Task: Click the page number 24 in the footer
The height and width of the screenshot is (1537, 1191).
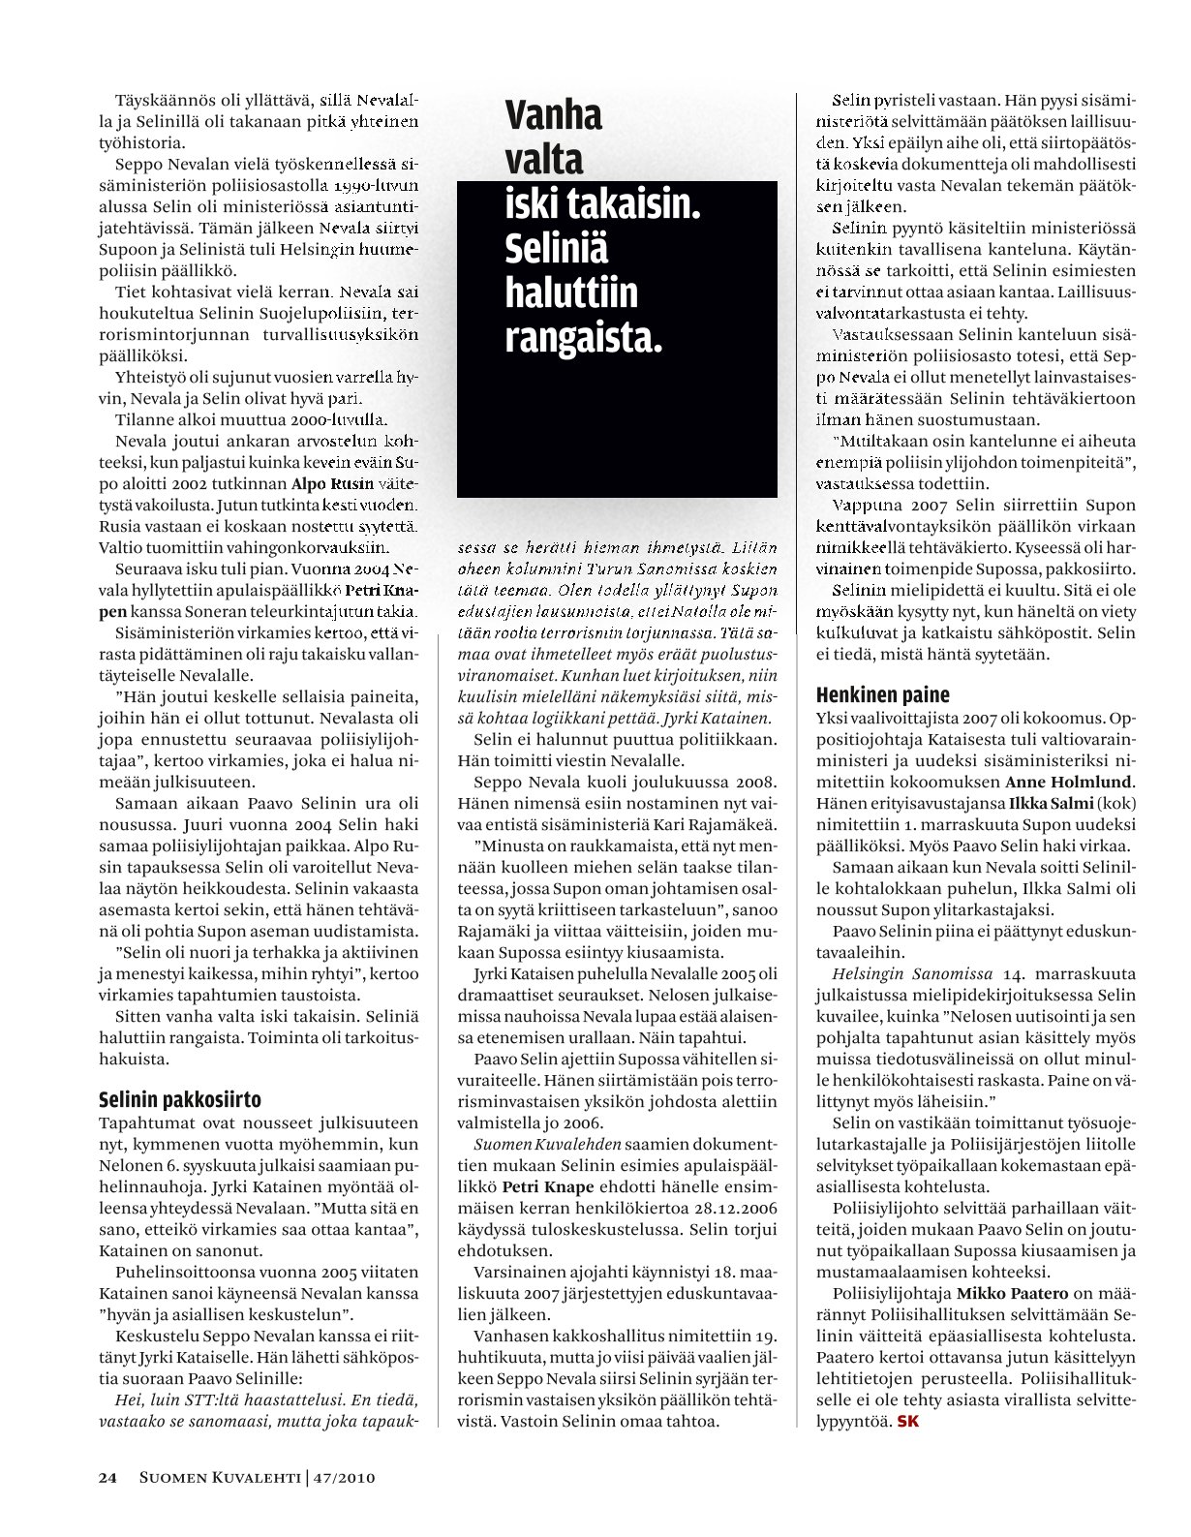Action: pyautogui.click(x=107, y=1478)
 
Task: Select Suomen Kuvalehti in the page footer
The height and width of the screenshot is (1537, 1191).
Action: pyautogui.click(x=219, y=1478)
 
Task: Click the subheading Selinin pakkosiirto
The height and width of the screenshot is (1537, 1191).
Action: pyautogui.click(x=180, y=1099)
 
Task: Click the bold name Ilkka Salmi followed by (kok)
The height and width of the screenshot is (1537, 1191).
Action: pyautogui.click(x=1052, y=803)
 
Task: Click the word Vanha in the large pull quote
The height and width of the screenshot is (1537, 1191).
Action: pyautogui.click(x=554, y=115)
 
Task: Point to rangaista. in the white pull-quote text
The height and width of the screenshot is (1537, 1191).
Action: pyautogui.click(x=584, y=338)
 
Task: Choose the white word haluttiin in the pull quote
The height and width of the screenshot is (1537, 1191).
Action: pyautogui.click(x=571, y=293)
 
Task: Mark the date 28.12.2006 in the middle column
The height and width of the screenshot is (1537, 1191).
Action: pyautogui.click(x=735, y=1209)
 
